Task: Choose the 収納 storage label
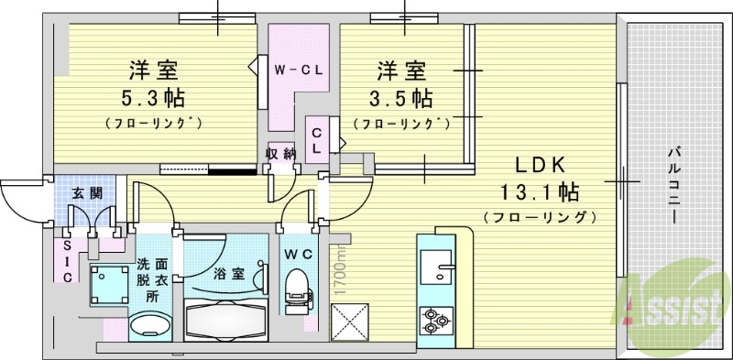point(280,154)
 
